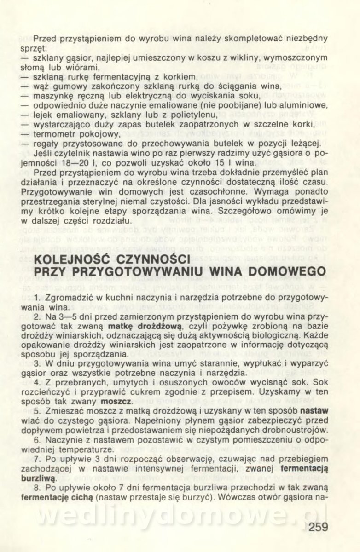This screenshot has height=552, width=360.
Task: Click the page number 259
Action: (315, 528)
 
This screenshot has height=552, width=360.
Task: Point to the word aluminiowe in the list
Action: (307, 105)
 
